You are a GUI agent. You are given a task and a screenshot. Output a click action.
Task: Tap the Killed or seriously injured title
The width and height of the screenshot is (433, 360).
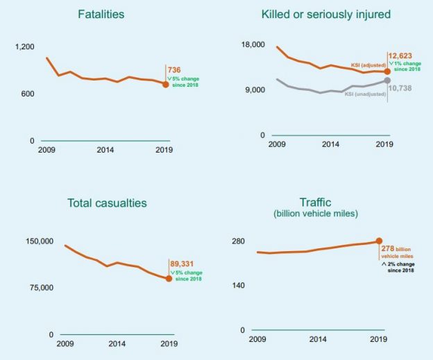click(325, 14)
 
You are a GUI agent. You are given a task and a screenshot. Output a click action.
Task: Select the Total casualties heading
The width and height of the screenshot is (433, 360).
click(107, 203)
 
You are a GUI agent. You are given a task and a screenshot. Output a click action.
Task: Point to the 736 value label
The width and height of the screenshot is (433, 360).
click(175, 70)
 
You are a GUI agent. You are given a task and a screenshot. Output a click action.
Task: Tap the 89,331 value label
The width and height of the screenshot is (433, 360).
click(182, 263)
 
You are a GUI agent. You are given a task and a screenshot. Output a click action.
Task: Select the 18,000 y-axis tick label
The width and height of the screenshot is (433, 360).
click(253, 45)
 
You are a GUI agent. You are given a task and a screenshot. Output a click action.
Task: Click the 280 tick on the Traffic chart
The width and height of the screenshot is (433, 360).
click(239, 241)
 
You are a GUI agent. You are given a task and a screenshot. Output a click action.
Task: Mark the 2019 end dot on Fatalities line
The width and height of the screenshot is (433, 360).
click(165, 85)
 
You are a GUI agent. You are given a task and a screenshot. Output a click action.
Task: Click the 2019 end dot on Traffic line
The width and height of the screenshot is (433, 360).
click(379, 241)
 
